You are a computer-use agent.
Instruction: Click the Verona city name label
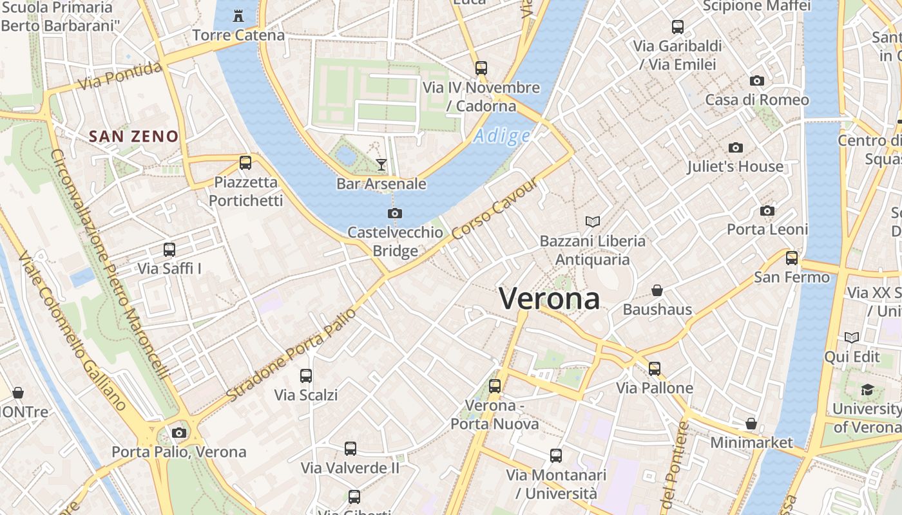click(x=549, y=299)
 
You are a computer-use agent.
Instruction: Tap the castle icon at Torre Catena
click(x=238, y=15)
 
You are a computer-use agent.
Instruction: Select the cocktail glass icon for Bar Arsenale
click(x=381, y=165)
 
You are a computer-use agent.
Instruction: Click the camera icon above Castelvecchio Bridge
click(x=395, y=213)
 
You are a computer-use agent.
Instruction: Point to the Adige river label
click(x=502, y=136)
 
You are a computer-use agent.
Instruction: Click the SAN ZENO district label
click(x=133, y=136)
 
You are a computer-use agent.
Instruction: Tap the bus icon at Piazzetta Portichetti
click(x=245, y=163)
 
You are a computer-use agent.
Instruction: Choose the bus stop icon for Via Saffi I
click(x=169, y=250)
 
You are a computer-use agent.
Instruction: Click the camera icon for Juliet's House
click(x=736, y=148)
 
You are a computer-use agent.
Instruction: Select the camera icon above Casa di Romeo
click(x=757, y=81)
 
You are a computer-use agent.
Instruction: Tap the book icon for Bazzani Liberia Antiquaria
click(x=593, y=222)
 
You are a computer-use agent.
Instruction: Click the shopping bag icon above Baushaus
click(x=657, y=290)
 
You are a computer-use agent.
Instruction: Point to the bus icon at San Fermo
click(x=792, y=258)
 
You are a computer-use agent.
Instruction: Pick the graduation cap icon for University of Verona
click(x=867, y=389)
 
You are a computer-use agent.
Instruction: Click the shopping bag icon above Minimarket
click(x=751, y=424)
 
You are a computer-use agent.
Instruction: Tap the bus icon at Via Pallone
click(x=655, y=369)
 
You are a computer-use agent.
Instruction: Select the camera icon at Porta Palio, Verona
click(x=179, y=433)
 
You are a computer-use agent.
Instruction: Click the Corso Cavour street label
click(x=494, y=210)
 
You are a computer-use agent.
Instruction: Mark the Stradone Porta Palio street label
click(x=291, y=355)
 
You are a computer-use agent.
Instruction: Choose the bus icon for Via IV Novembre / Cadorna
click(x=481, y=68)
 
